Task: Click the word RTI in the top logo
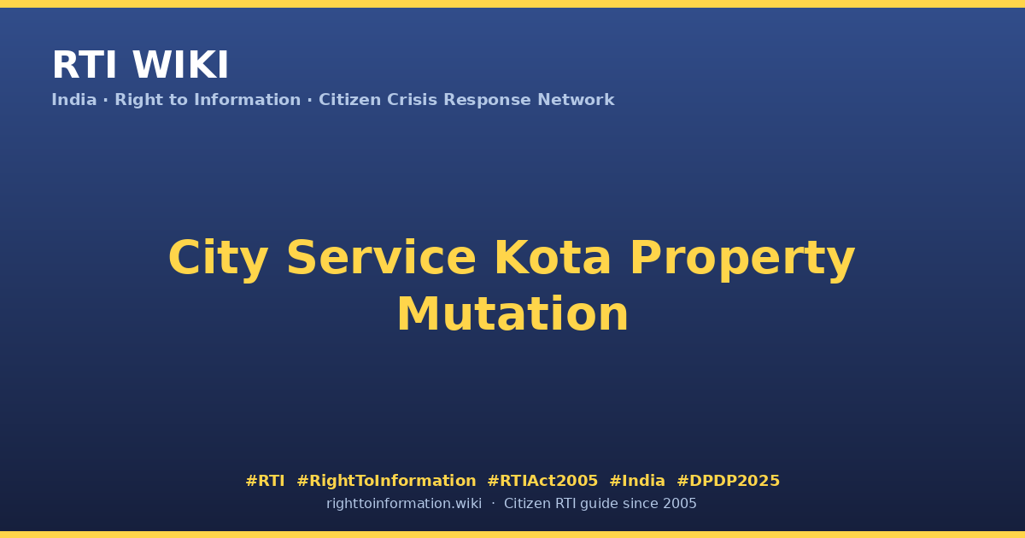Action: click(85, 65)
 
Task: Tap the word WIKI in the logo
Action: click(180, 65)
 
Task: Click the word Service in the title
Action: click(381, 258)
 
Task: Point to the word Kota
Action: click(553, 258)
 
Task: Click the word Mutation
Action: click(512, 314)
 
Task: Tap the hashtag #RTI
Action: click(265, 481)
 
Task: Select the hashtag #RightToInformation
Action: click(386, 481)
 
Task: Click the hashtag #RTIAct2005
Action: click(542, 481)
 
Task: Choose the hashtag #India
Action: click(637, 481)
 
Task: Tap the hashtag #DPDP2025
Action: click(728, 481)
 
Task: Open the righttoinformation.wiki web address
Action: click(404, 504)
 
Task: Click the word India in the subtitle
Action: click(74, 100)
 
